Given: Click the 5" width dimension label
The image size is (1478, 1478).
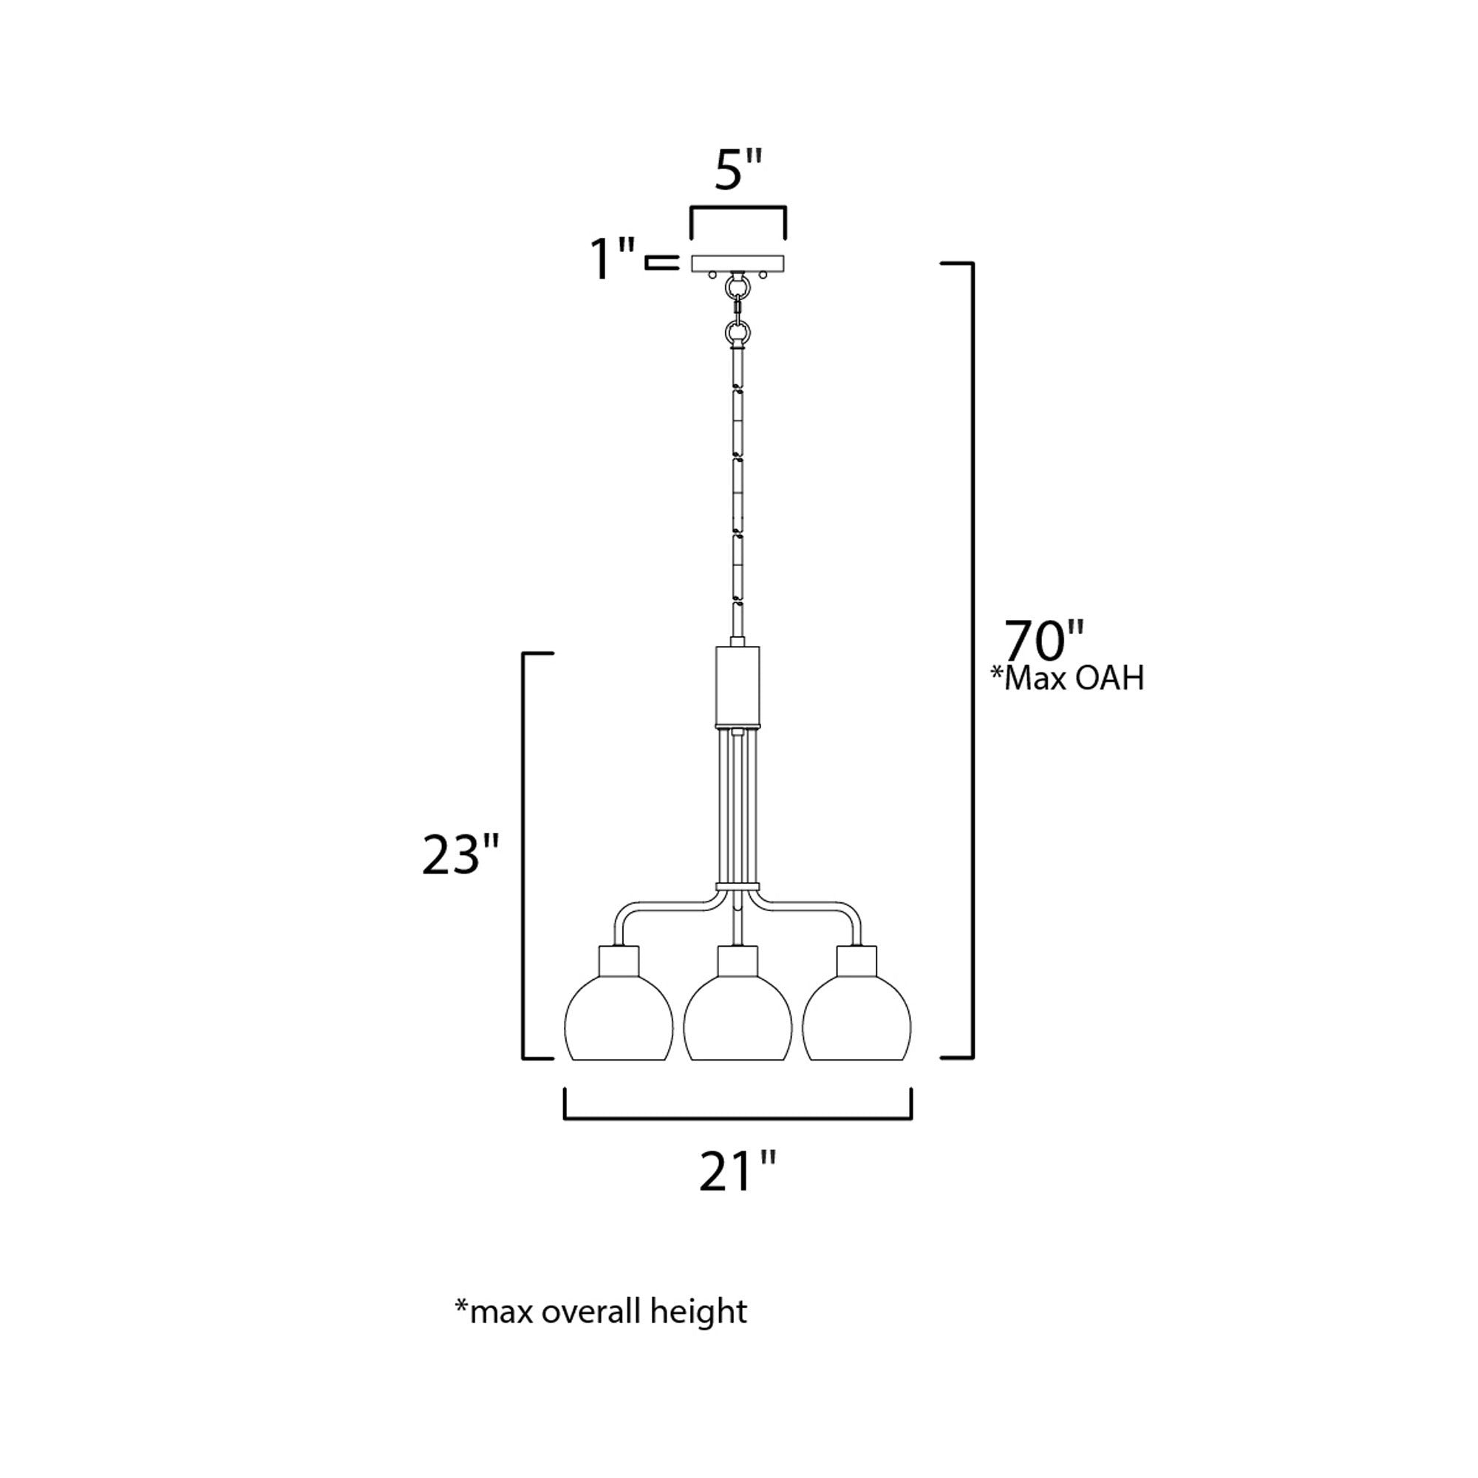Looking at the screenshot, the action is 738,169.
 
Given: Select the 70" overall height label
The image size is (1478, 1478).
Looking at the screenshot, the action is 1044,639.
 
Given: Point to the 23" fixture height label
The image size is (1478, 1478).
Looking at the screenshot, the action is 460,854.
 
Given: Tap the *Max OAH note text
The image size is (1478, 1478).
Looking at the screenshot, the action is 1068,678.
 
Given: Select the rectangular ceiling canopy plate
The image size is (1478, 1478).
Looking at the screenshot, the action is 738,264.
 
